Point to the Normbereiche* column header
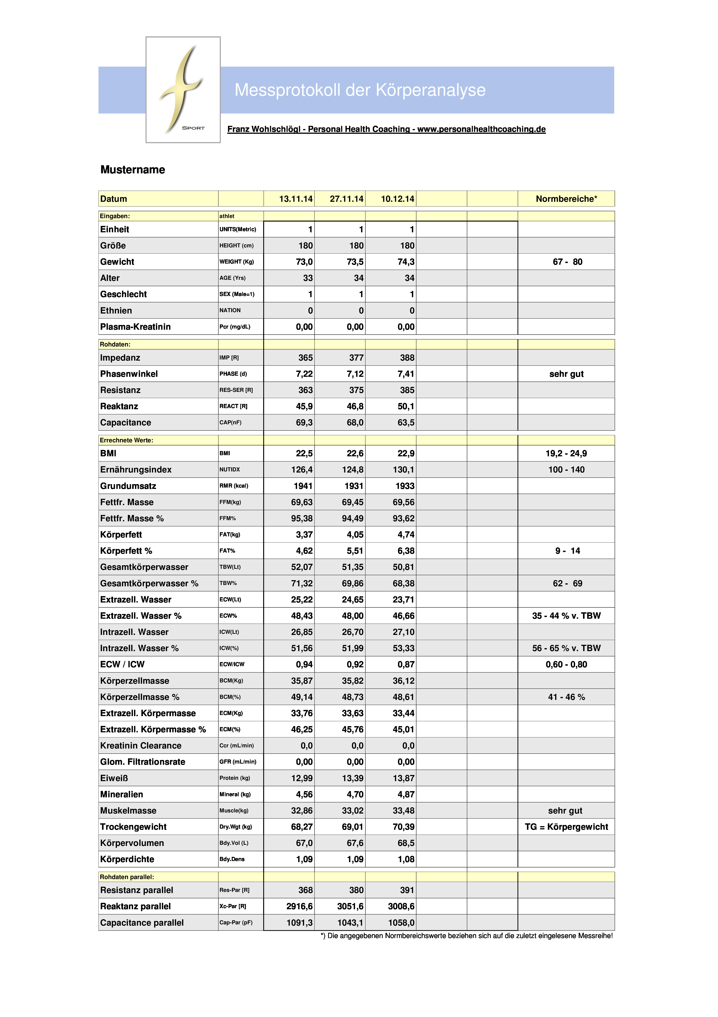click(x=566, y=199)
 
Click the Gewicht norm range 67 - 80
click(x=567, y=262)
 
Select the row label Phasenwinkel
click(x=129, y=374)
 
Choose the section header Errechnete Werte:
click(x=127, y=440)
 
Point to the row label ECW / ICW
click(x=122, y=664)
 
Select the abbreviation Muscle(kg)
click(x=234, y=811)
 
